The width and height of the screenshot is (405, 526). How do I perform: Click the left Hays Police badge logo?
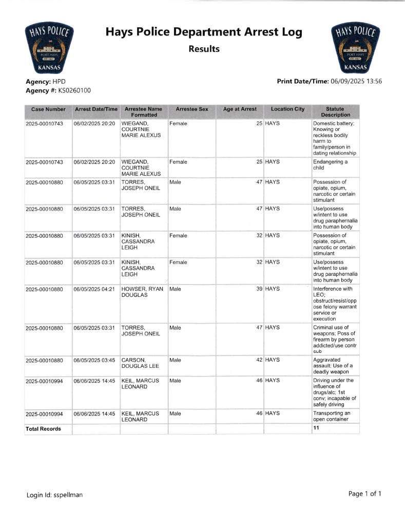[49, 49]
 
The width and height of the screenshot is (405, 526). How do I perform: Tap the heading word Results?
[204, 49]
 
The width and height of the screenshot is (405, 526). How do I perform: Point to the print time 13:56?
[373, 81]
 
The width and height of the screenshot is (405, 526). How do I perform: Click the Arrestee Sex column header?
[191, 109]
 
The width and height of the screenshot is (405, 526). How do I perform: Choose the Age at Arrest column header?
[240, 109]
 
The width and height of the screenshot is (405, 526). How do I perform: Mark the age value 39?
[259, 289]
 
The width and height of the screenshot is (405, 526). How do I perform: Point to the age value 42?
[259, 360]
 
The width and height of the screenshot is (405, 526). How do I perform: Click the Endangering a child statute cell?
[330, 165]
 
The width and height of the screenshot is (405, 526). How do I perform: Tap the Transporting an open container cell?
[334, 416]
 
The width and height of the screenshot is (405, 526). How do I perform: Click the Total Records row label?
[43, 428]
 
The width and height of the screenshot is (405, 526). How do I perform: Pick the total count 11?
[316, 428]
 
